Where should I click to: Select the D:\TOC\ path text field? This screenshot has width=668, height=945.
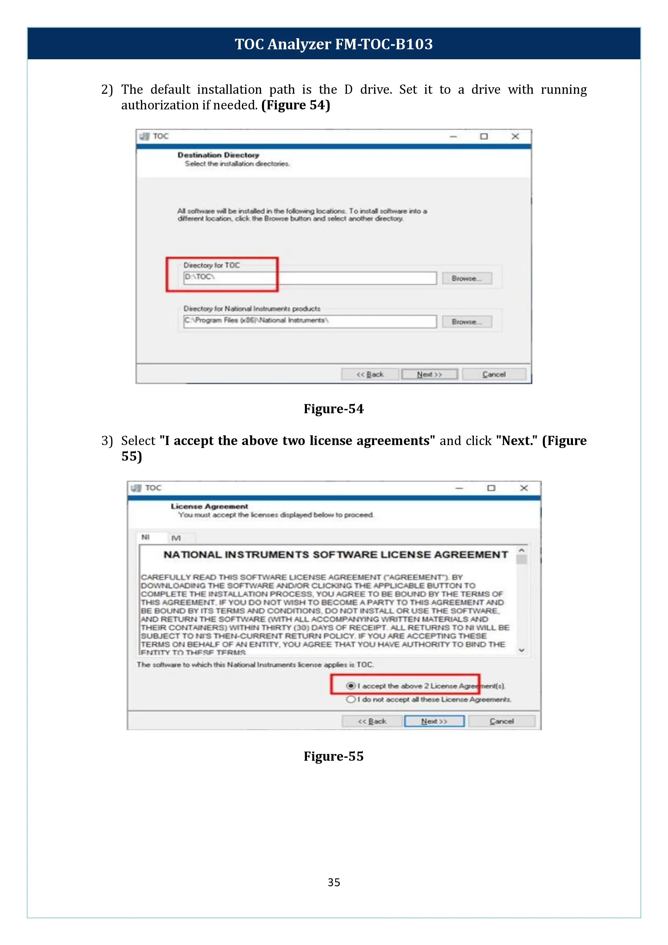click(x=309, y=278)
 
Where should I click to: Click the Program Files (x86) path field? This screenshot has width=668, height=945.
click(x=309, y=321)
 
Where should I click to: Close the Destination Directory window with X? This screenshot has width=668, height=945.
click(x=515, y=136)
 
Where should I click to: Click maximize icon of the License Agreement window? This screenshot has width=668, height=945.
click(x=491, y=488)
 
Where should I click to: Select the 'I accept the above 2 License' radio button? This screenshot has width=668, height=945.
click(x=351, y=686)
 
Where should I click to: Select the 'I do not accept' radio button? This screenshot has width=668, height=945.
click(x=351, y=699)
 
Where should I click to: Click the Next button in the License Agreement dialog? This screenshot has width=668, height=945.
click(x=434, y=721)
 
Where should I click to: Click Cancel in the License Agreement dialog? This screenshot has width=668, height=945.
click(x=501, y=721)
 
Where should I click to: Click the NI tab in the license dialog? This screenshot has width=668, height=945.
click(x=146, y=537)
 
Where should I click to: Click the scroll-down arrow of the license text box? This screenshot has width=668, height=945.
click(x=522, y=650)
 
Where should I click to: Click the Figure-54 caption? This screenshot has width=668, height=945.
click(x=334, y=409)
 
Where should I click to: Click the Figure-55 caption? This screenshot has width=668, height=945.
click(x=334, y=756)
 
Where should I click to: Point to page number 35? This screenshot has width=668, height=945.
click(x=334, y=882)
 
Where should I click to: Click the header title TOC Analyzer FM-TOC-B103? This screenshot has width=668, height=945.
click(x=334, y=44)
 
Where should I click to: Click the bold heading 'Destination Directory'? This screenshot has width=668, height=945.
click(x=218, y=155)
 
